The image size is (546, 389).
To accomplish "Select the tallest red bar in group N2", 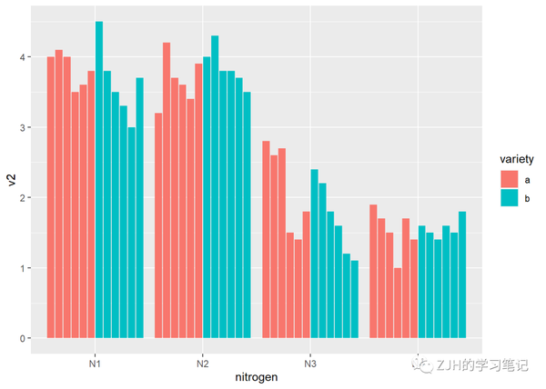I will (167, 191).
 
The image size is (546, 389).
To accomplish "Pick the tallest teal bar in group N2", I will (215, 187).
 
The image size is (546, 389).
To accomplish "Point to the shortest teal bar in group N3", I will (355, 299).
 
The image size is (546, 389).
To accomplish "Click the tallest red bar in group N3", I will (266, 240).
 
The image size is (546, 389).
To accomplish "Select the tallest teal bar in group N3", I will (314, 254).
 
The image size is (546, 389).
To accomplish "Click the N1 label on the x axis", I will (95, 362).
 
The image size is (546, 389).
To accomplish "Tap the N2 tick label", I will (202, 362).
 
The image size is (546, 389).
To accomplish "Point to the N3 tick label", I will (310, 362).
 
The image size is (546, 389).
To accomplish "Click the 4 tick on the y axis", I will (21, 57).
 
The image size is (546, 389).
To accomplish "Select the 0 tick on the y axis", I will (21, 338).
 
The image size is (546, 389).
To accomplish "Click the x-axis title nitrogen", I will (257, 376).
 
